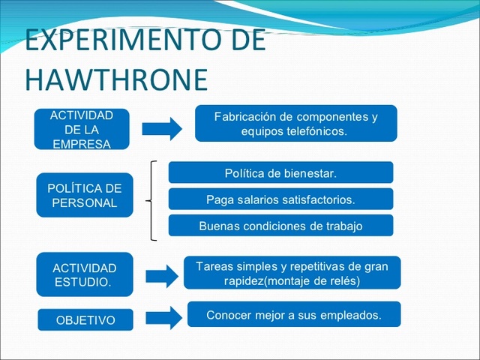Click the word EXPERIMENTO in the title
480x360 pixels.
(x=104, y=40)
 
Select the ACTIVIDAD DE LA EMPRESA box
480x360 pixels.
(x=82, y=129)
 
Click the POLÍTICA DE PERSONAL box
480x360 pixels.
(x=85, y=195)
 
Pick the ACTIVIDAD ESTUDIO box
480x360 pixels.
(x=85, y=274)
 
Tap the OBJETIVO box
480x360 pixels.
(x=85, y=320)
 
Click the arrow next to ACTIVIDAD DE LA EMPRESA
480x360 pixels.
(x=162, y=128)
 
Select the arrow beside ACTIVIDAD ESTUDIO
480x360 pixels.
(x=162, y=276)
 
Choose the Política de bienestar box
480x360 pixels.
(x=280, y=173)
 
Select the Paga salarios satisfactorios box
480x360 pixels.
(x=280, y=199)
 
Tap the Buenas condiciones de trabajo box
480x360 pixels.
(x=280, y=226)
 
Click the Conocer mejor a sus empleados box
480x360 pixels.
(x=293, y=315)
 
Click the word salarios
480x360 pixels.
(x=259, y=199)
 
